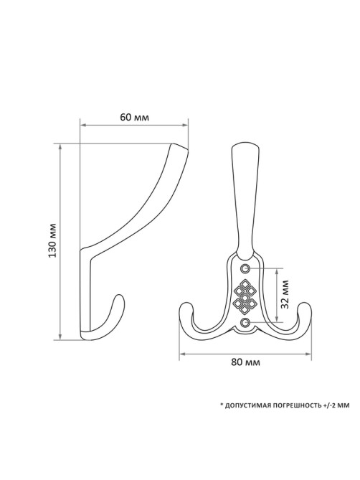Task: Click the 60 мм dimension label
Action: click(134, 117)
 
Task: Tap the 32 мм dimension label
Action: click(285, 293)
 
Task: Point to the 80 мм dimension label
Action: click(245, 362)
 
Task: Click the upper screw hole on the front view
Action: click(245, 268)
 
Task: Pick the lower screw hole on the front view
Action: click(245, 321)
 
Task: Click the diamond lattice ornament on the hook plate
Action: click(245, 296)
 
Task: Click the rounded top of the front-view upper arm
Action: click(245, 146)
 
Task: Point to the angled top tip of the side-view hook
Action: click(179, 147)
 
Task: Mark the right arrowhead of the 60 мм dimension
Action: click(184, 125)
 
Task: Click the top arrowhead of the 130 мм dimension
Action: click(60, 147)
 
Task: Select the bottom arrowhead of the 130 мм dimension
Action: click(60, 336)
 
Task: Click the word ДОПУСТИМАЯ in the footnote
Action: click(246, 405)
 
